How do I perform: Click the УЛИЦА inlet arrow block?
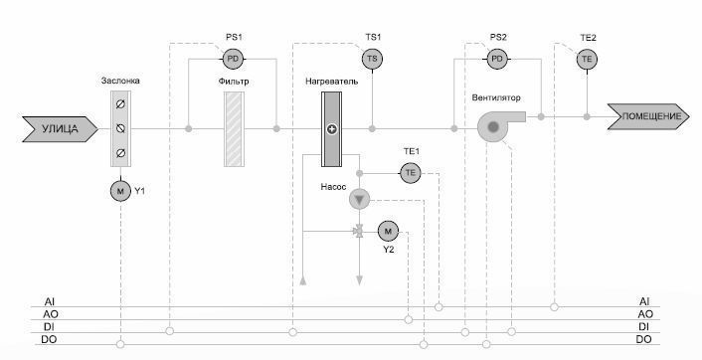click(60, 129)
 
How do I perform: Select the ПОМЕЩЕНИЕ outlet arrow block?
click(648, 116)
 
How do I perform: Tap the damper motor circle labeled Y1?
click(120, 192)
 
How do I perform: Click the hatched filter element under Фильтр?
click(234, 129)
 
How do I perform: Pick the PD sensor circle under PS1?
click(234, 59)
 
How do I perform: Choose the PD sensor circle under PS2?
click(497, 59)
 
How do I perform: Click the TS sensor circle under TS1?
click(372, 59)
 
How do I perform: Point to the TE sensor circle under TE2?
click(587, 59)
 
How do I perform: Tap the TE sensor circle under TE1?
click(410, 173)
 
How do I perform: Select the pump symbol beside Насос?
click(359, 199)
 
